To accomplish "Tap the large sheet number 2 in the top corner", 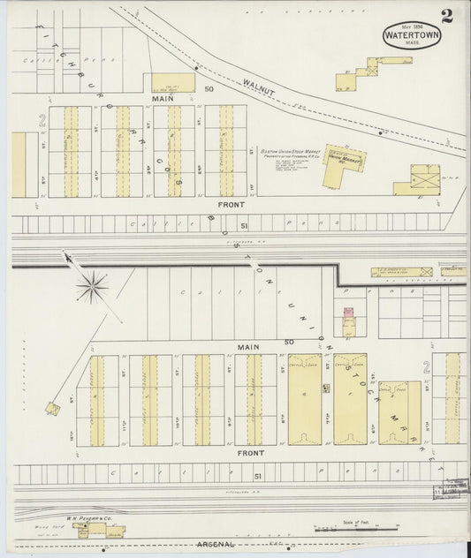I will [448, 15].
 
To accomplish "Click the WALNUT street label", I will [257, 86].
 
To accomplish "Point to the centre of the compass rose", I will [92, 286].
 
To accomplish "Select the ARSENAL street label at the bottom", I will [216, 545].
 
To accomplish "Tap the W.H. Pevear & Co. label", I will [87, 518].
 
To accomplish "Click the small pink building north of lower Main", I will [348, 313].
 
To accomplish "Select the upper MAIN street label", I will [163, 99].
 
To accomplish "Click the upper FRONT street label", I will [232, 204].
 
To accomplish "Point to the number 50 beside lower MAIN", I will [288, 342].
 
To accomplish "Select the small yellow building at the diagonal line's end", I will [54, 408].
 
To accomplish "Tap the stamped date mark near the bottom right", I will [451, 491].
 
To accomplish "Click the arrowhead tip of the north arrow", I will [64, 253].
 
